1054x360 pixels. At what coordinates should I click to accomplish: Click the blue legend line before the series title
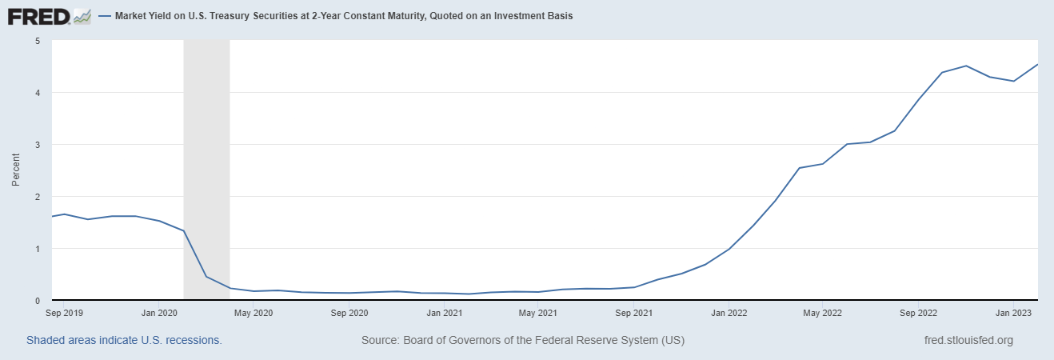105,16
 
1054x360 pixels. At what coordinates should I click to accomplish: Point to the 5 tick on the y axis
38,41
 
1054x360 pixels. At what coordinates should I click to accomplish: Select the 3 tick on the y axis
38,145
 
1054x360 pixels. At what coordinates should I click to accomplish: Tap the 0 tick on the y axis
38,301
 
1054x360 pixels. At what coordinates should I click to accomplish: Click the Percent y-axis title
16,170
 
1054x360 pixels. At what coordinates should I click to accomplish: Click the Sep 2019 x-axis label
66,313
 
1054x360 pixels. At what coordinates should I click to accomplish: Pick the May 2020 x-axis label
254,313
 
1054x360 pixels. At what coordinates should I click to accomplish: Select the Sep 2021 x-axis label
633,313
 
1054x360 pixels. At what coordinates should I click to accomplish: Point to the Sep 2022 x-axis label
917,313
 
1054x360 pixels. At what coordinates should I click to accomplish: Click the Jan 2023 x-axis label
1012,313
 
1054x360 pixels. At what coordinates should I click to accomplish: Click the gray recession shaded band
206,160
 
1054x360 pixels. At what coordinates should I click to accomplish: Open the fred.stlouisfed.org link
968,340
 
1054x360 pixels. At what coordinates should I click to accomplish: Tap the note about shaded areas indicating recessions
124,340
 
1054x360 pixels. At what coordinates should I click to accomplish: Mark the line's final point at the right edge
1037,65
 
